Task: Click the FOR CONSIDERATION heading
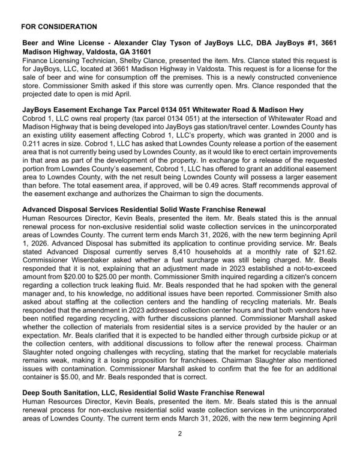58,27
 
